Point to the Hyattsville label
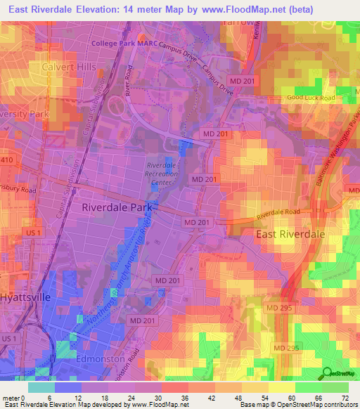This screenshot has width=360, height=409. pos(25,297)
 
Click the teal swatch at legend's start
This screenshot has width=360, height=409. pos(41,387)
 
